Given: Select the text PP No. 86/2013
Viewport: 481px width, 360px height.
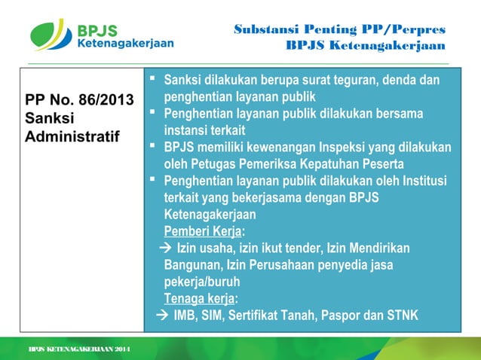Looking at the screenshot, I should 79,99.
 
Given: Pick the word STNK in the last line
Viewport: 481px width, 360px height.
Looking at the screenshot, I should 402,315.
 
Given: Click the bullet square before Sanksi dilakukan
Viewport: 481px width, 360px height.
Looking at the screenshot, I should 153,79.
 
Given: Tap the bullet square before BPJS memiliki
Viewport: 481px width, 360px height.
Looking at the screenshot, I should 153,147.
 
